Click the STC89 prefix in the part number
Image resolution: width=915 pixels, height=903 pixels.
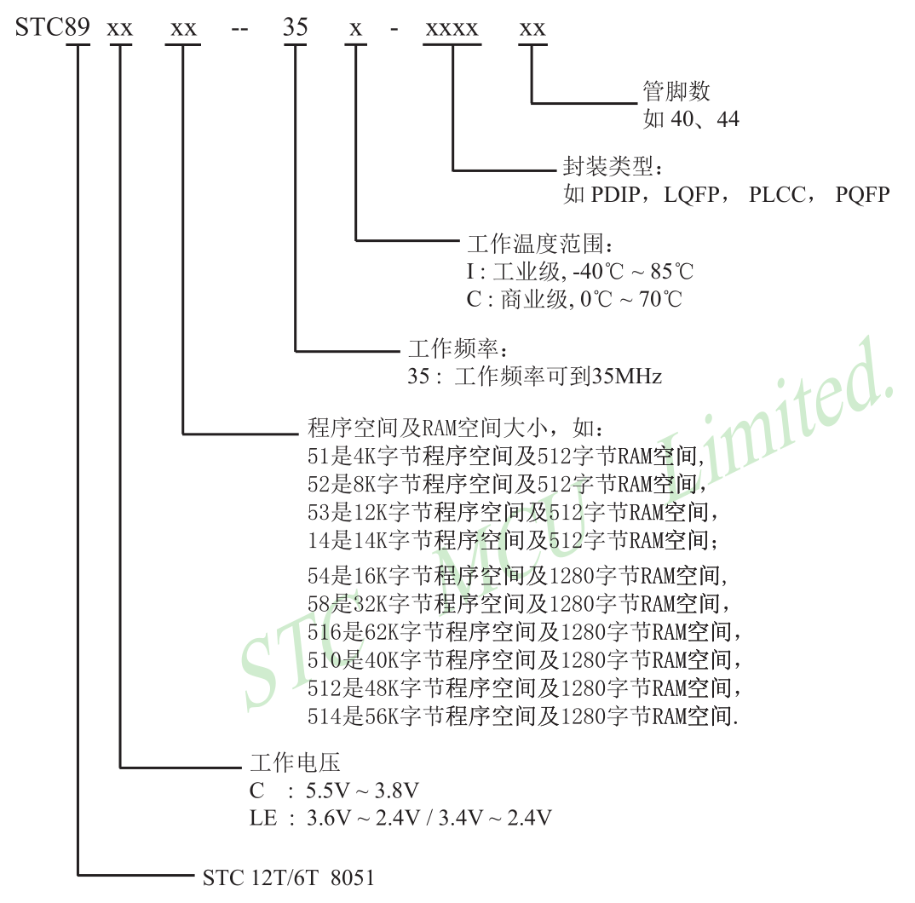(x=52, y=27)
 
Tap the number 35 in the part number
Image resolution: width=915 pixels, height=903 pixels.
(x=296, y=27)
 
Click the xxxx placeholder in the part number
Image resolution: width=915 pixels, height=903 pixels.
(x=452, y=27)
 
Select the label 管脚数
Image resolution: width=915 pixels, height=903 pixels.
(x=676, y=91)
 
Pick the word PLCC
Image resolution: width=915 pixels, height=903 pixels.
(x=778, y=195)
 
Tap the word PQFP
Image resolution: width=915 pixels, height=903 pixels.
(x=862, y=195)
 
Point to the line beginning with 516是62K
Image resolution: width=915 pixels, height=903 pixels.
(x=525, y=632)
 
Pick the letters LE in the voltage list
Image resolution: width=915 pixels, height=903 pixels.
(x=263, y=818)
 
